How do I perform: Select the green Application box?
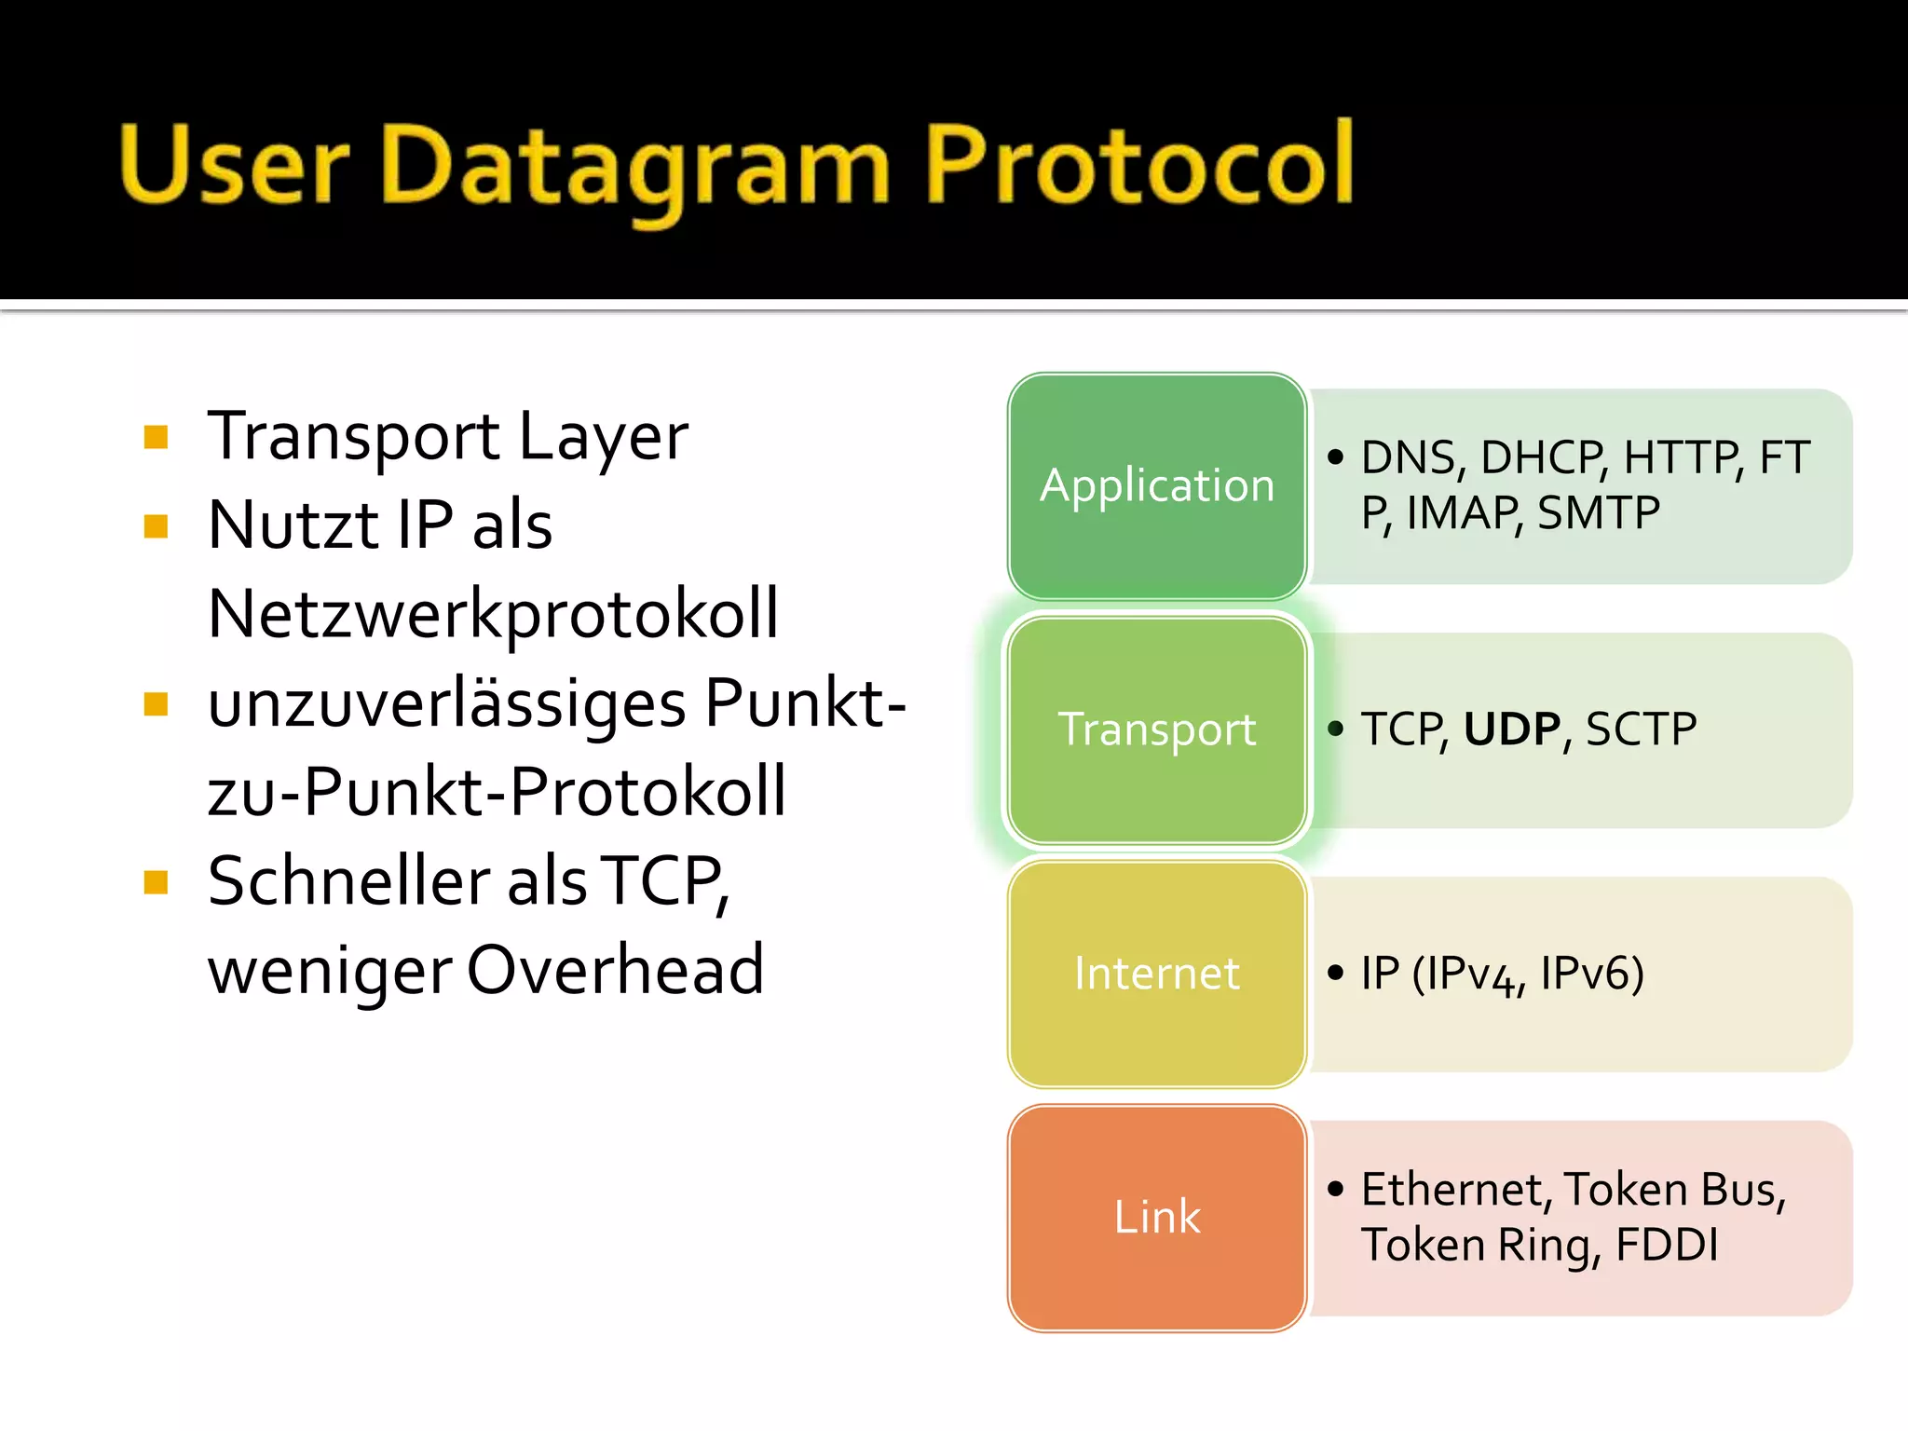point(1156,485)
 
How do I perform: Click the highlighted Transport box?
point(1156,729)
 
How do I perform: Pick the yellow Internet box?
point(1156,974)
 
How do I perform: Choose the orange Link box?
point(1156,1217)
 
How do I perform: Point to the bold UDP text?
point(1511,729)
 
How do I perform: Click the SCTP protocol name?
point(1641,729)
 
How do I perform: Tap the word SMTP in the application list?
point(1598,512)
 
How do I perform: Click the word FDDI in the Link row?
point(1667,1245)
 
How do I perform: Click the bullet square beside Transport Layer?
point(156,437)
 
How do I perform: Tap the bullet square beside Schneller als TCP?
point(156,881)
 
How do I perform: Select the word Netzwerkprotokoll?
point(493,614)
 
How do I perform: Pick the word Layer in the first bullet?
point(603,437)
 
